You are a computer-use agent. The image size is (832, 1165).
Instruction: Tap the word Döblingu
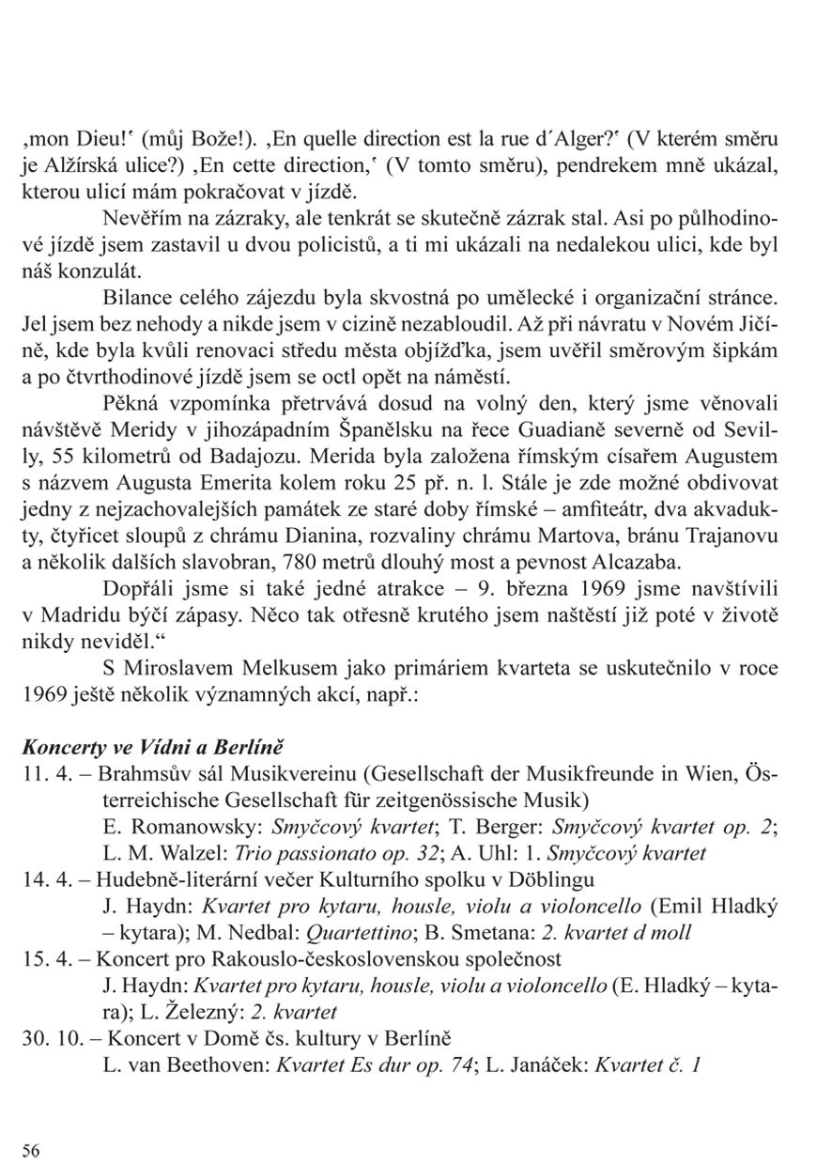tap(553, 880)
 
